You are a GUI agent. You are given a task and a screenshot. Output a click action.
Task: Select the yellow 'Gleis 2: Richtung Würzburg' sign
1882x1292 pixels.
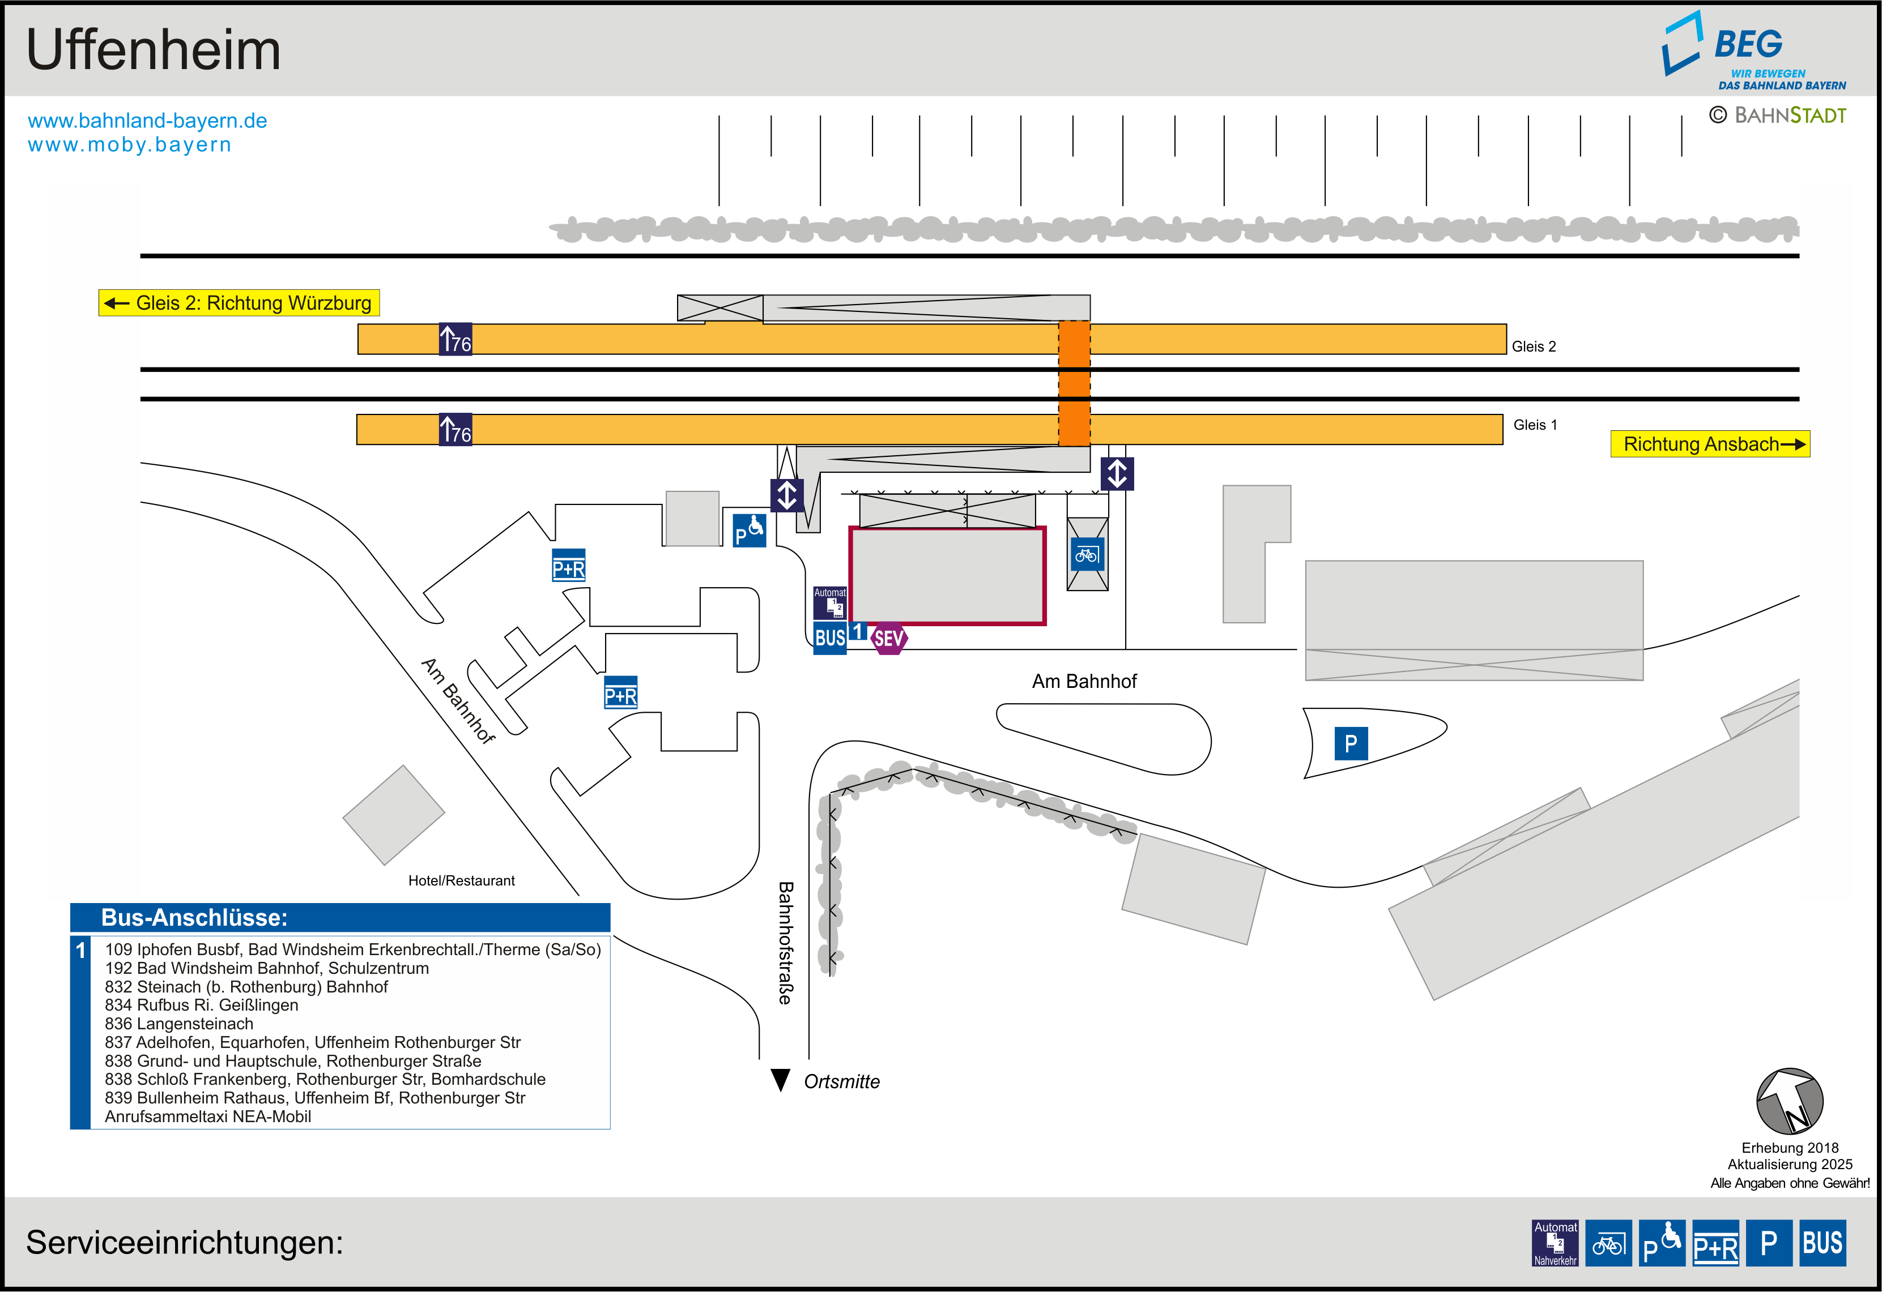click(239, 303)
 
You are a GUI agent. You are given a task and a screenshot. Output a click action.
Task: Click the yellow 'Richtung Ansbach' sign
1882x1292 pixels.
click(1710, 444)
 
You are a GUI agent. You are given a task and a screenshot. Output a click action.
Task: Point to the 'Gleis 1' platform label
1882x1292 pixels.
click(1535, 425)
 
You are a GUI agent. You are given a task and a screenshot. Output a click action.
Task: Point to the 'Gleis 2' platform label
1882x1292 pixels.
click(1533, 346)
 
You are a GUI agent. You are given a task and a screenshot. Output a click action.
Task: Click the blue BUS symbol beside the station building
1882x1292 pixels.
click(830, 638)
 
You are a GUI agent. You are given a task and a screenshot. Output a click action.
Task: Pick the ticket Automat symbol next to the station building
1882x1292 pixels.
click(830, 603)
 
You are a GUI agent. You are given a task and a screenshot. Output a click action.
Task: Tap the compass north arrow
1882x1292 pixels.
click(1789, 1101)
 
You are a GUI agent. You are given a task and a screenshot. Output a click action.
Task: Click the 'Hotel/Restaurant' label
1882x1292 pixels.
click(462, 881)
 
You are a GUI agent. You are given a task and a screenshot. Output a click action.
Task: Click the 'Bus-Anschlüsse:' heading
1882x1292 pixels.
click(194, 917)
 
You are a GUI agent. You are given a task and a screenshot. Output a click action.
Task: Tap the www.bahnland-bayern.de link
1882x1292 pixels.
click(147, 121)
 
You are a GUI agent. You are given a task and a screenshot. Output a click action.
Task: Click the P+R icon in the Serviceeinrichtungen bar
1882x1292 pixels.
click(1715, 1243)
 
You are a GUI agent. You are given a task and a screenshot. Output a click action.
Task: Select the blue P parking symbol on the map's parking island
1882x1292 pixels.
click(1351, 743)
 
